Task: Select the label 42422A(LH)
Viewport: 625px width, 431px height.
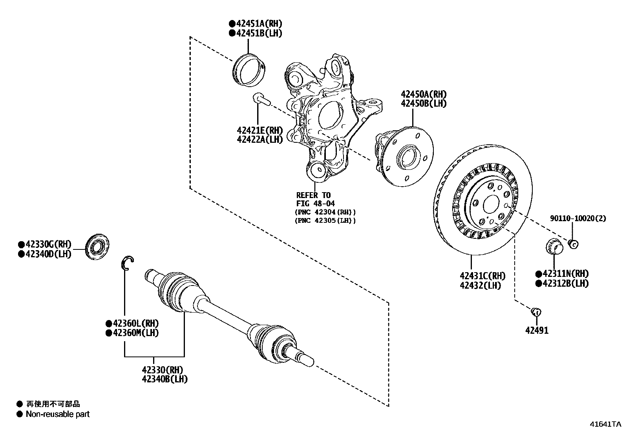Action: coord(260,139)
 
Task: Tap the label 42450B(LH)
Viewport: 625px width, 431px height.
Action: coord(424,104)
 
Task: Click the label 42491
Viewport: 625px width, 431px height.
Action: coord(537,331)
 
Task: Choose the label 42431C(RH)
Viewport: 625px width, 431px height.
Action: coord(482,276)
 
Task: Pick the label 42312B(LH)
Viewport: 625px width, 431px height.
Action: coord(565,283)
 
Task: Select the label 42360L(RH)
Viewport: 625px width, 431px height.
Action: coord(135,324)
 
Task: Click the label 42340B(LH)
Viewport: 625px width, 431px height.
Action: coord(164,379)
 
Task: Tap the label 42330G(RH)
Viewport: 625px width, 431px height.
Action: coord(47,244)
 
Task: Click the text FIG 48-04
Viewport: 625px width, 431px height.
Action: coord(315,204)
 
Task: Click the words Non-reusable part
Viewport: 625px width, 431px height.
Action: coord(57,414)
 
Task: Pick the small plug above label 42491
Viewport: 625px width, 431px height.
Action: coord(536,312)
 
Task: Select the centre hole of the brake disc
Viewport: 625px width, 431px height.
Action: coord(491,205)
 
